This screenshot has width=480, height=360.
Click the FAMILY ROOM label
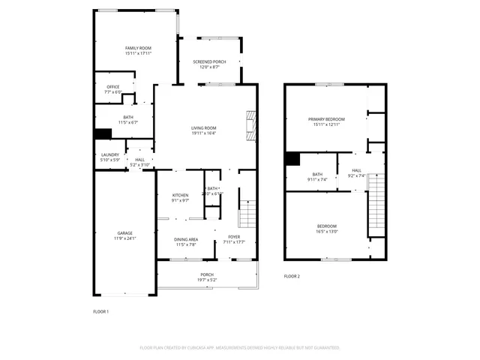[x=138, y=48]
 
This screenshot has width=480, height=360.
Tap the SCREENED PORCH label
[x=209, y=62]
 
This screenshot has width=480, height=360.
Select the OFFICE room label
[x=112, y=87]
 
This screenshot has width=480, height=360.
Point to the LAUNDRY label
[x=110, y=155]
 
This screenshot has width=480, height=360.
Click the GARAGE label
[x=124, y=232]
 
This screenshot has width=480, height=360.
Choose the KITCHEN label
[x=181, y=195]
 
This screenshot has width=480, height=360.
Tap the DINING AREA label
[x=185, y=239]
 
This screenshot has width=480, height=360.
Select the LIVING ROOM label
[x=203, y=128]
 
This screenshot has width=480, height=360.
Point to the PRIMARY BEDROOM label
[x=326, y=119]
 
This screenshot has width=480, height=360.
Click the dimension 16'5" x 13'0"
[x=326, y=232]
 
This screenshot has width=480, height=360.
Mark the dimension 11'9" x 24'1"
[x=124, y=238]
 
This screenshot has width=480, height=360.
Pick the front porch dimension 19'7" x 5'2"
[x=207, y=280]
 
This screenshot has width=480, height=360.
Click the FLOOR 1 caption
[x=100, y=311]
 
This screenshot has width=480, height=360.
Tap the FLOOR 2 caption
[x=292, y=277]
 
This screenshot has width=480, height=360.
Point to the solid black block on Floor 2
[x=292, y=159]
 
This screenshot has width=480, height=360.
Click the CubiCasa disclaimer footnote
[x=240, y=348]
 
